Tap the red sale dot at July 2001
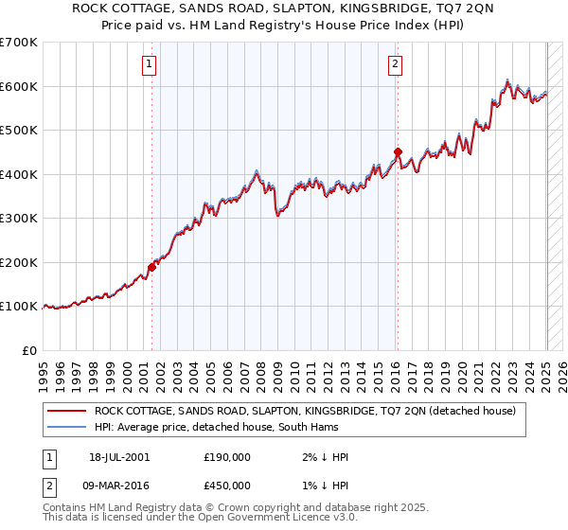[x=151, y=266]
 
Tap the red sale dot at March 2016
[x=398, y=151]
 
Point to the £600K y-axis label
[x=19, y=86]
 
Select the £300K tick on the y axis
[x=19, y=219]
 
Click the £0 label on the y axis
[x=29, y=350]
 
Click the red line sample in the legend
[x=66, y=411]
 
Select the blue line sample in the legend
[x=66, y=428]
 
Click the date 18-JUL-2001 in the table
[x=119, y=457]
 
